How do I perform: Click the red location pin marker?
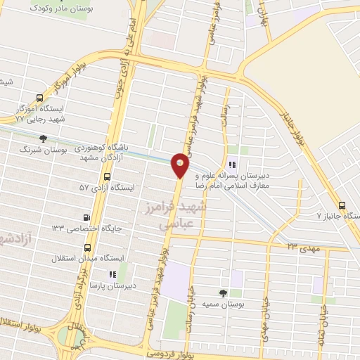point(181,164)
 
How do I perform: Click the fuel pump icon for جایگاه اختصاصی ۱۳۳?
point(87,217)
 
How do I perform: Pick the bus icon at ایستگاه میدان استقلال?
point(87,247)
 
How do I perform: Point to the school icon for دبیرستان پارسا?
point(112,274)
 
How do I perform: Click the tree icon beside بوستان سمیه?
point(224,292)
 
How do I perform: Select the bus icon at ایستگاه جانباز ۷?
point(342,205)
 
